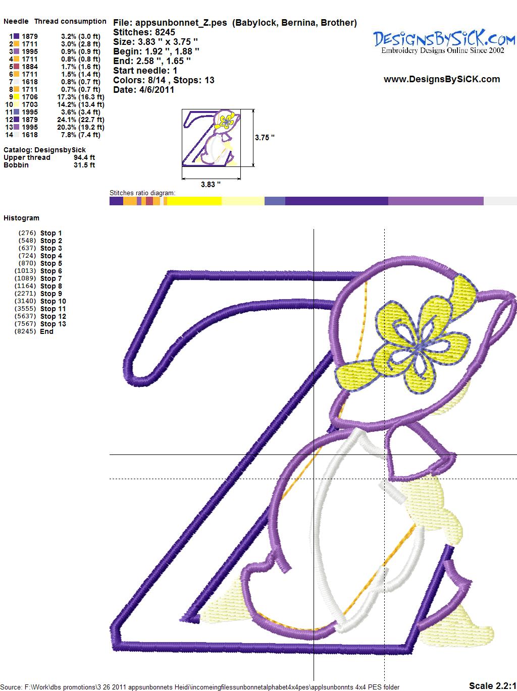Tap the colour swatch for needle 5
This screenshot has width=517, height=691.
click(x=16, y=67)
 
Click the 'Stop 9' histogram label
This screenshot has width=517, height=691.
click(x=51, y=294)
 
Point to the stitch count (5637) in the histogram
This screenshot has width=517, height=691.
click(x=26, y=316)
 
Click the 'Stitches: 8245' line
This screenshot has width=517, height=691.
click(x=144, y=32)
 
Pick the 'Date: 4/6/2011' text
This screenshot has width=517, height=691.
click(x=144, y=90)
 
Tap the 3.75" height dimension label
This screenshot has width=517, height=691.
click(x=265, y=138)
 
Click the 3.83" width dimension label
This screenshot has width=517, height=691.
click(x=211, y=185)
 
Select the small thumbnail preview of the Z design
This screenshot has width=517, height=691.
click(x=211, y=138)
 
